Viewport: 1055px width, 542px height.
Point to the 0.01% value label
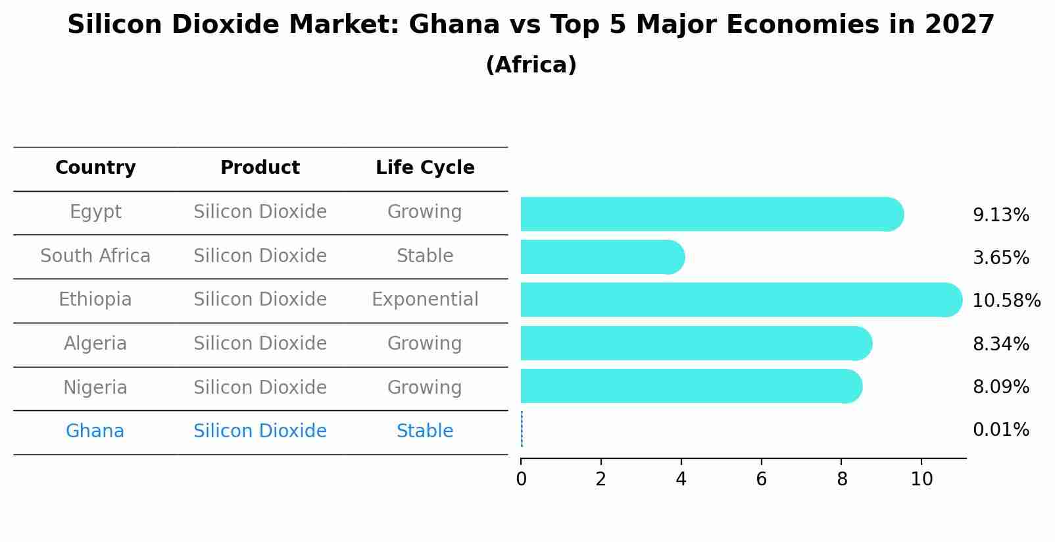tap(1000, 430)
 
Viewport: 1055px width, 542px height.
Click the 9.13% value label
tap(1000, 215)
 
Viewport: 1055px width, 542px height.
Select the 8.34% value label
tap(1000, 344)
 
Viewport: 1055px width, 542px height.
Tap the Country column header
tap(95, 168)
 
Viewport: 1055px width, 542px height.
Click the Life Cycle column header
tap(425, 168)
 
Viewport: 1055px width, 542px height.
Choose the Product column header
tap(260, 168)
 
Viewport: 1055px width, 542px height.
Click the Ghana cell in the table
tap(95, 431)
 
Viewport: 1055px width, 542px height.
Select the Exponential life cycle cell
tap(425, 300)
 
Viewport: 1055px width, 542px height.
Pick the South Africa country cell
tap(95, 256)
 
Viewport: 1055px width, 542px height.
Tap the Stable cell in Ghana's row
tap(425, 431)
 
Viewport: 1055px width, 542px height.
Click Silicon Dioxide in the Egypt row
tap(260, 212)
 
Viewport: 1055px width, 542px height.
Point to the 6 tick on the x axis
tap(761, 479)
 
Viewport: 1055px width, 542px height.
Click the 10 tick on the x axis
tap(921, 479)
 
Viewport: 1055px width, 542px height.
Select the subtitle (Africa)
tap(531, 65)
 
